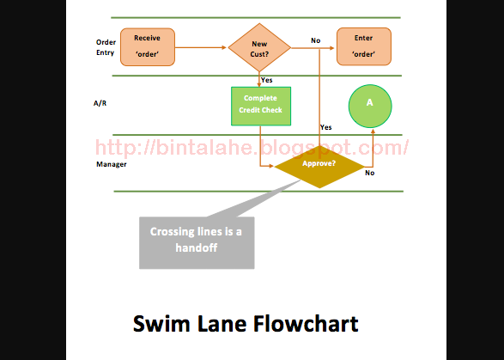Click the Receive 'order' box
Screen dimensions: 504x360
148,47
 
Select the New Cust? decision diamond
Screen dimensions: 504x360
259,47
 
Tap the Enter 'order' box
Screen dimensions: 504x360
364,46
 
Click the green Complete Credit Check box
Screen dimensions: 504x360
261,107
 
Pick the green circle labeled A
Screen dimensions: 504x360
370,107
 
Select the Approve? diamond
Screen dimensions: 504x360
319,167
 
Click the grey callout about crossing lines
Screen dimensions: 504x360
197,242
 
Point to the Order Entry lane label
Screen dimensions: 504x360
106,47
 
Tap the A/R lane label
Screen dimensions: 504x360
100,103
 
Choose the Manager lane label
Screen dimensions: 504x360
112,164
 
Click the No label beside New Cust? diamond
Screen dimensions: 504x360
316,40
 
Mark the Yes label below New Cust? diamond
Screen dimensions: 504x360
267,80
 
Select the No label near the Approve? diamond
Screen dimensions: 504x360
370,173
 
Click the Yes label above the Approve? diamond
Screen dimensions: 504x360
326,127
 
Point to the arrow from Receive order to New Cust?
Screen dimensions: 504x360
201,47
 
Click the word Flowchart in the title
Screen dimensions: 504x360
306,324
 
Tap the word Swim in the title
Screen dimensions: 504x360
161,324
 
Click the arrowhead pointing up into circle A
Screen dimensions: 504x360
373,131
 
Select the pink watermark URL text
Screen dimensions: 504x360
252,148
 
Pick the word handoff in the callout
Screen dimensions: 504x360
197,247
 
